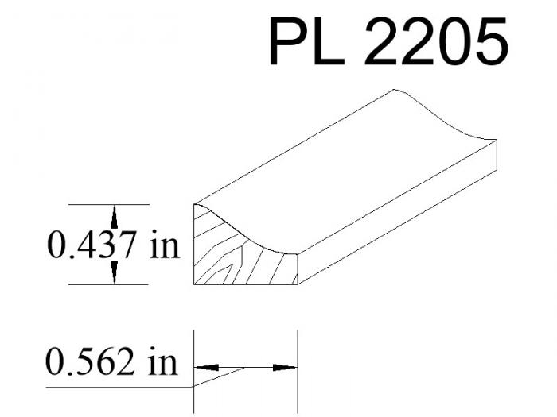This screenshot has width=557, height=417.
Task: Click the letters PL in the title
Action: pos(306,41)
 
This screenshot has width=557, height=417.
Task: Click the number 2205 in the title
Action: pos(436,41)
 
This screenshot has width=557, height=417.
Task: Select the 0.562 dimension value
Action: pos(90,361)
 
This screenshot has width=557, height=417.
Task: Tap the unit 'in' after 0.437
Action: pos(165,245)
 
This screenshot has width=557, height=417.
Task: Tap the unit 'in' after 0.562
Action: pos(162,361)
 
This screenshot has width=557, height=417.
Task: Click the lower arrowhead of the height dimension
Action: pos(114,272)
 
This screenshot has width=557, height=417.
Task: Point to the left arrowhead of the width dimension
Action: pos(206,368)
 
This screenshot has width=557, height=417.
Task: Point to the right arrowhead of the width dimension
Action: pos(285,368)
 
